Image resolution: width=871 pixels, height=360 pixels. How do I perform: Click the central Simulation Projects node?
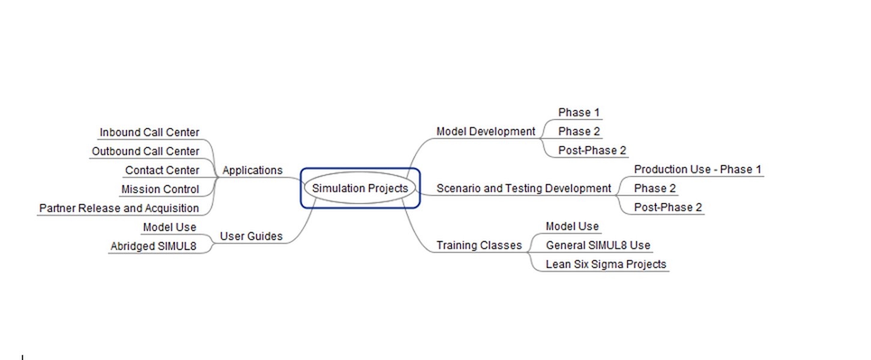click(x=360, y=188)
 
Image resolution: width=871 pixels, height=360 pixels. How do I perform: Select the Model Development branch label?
click(x=485, y=131)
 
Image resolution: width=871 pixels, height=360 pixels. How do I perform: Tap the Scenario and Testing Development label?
click(x=523, y=188)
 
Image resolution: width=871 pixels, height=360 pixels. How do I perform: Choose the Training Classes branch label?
click(x=478, y=245)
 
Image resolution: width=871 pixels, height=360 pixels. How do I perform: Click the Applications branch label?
click(x=252, y=170)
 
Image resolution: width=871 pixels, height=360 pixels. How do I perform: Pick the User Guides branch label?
click(x=251, y=236)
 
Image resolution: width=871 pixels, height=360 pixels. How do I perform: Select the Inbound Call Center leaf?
click(x=149, y=133)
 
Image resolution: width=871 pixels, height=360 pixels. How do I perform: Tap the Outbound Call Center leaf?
click(x=145, y=152)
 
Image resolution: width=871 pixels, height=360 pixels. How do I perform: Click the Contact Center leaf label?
click(x=161, y=170)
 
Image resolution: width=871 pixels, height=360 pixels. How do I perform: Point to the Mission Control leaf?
click(x=160, y=190)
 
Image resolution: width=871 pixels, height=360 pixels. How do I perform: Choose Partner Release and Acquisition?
click(x=119, y=208)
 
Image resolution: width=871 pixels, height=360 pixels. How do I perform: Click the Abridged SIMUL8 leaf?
click(x=153, y=246)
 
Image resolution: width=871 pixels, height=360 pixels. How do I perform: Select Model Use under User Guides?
click(x=169, y=227)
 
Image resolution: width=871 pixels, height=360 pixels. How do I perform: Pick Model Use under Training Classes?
click(x=571, y=226)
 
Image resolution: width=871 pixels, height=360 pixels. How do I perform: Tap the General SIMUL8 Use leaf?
click(x=597, y=245)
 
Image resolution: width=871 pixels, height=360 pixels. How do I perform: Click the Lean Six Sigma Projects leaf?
click(x=605, y=264)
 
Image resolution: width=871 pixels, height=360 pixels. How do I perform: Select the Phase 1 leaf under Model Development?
click(x=579, y=112)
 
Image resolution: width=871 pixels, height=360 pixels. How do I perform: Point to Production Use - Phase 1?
click(x=698, y=169)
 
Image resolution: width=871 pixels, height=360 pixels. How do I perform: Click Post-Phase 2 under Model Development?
click(x=592, y=151)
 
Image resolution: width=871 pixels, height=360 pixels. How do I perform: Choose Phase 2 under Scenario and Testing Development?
click(x=655, y=188)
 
